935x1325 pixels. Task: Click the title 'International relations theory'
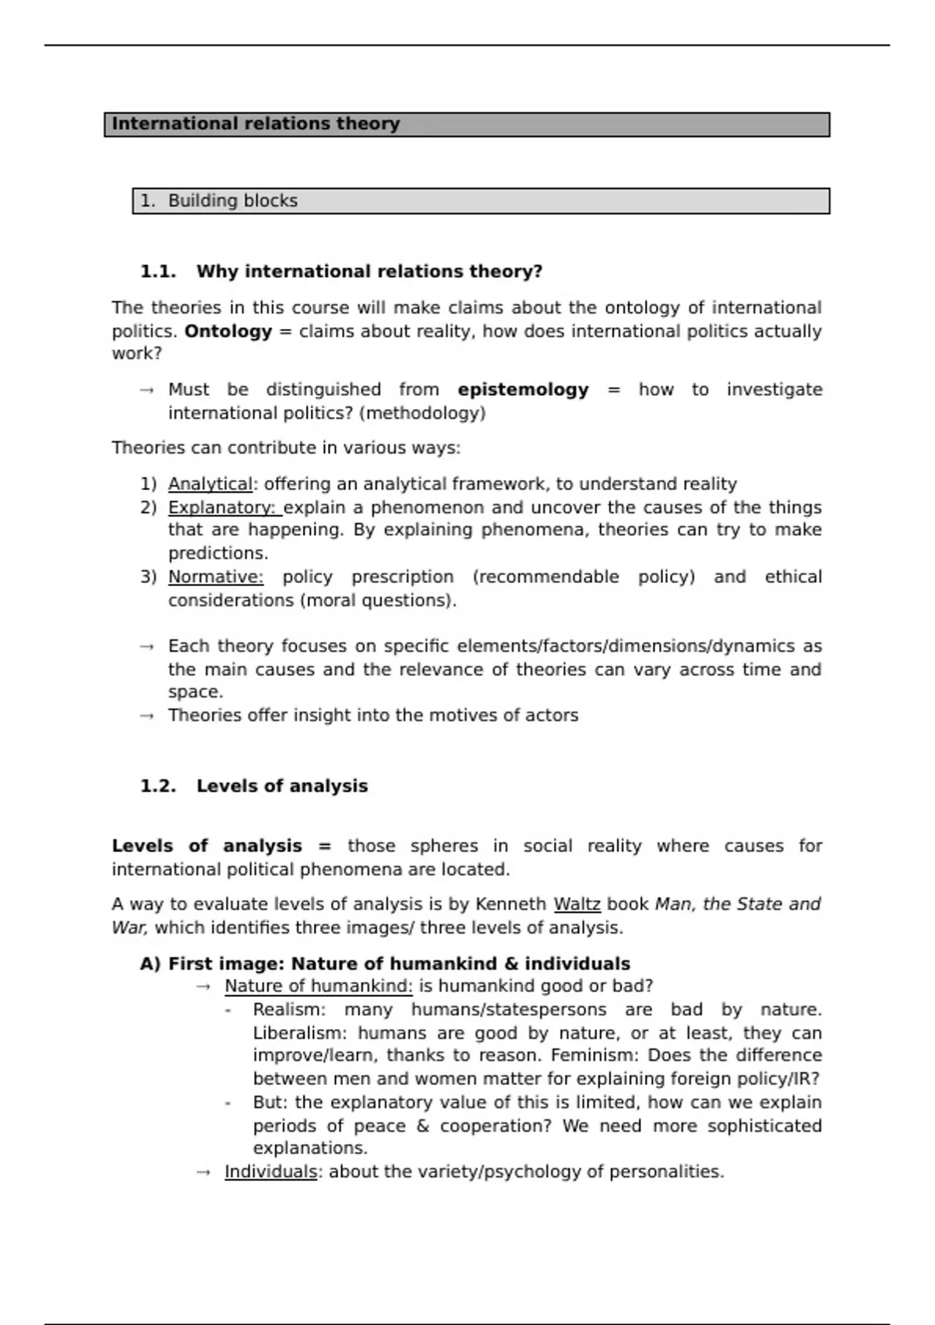256,124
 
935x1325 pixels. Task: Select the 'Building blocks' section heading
232,201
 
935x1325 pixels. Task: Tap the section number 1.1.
158,272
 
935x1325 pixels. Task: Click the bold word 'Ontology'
228,331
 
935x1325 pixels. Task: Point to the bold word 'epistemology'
523,390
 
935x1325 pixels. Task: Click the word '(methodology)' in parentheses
422,413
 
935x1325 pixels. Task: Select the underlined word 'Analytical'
210,484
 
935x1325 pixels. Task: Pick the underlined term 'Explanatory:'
224,507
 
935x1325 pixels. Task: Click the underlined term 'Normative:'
216,577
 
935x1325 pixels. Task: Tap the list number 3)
148,577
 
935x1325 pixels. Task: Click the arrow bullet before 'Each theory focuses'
146,647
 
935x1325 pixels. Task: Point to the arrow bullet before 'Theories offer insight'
146,716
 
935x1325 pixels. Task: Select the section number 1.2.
158,786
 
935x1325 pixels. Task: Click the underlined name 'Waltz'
577,904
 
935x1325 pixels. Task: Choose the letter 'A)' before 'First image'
150,964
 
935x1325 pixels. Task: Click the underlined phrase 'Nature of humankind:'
318,987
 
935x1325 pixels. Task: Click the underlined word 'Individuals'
270,1172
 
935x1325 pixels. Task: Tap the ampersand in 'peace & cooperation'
422,1126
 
